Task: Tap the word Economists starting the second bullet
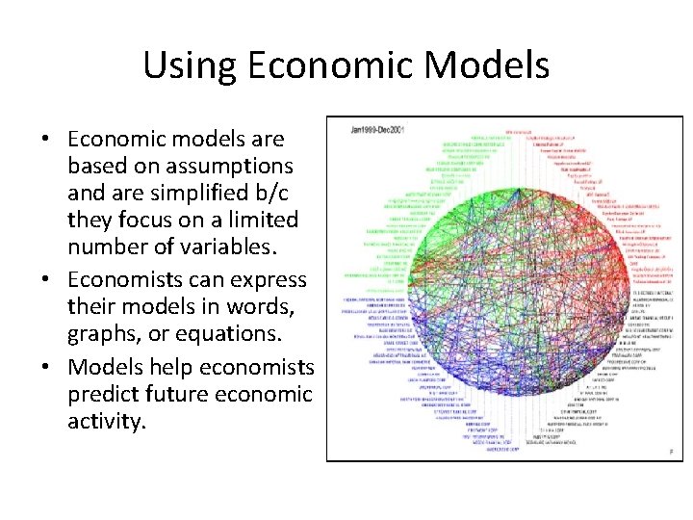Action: [x=137, y=280]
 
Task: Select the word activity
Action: [x=106, y=421]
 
